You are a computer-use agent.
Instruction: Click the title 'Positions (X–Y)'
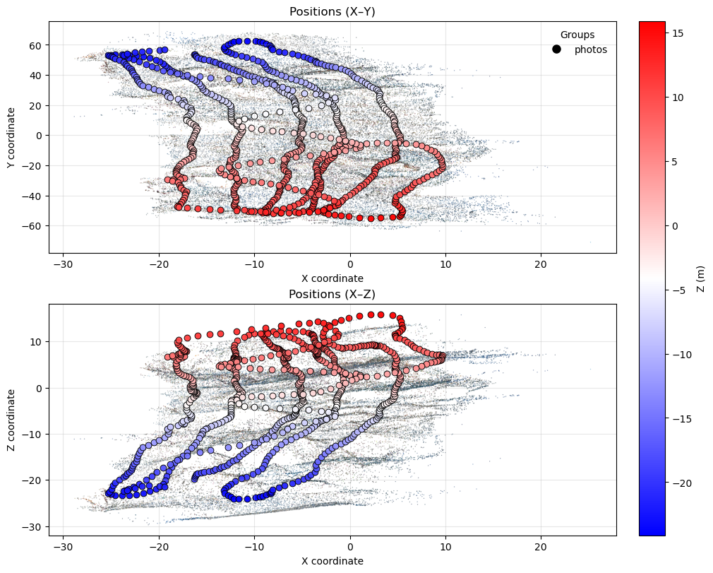pos(332,11)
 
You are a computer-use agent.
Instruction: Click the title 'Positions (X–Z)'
pos(332,294)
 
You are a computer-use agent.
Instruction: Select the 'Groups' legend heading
pos(577,35)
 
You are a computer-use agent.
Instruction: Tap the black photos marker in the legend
pos(556,49)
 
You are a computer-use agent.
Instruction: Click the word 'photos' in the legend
pos(591,49)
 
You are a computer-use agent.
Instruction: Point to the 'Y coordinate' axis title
pos(11,138)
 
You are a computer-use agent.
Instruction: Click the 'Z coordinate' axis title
pos(11,420)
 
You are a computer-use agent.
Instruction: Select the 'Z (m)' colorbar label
pos(701,279)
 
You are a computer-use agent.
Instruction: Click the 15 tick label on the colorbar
pos(677,33)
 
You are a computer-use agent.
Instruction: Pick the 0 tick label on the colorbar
pos(674,226)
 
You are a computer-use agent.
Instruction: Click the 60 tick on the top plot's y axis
pos(37,45)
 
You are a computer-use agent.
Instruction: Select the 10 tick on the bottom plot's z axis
pos(37,342)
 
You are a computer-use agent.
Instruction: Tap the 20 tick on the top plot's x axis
pos(541,264)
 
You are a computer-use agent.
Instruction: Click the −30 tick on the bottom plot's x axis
pos(64,547)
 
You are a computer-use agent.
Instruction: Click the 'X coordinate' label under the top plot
pos(332,278)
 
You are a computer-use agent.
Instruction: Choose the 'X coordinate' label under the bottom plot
pos(332,561)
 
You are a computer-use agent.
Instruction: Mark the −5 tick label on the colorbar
pos(677,290)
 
